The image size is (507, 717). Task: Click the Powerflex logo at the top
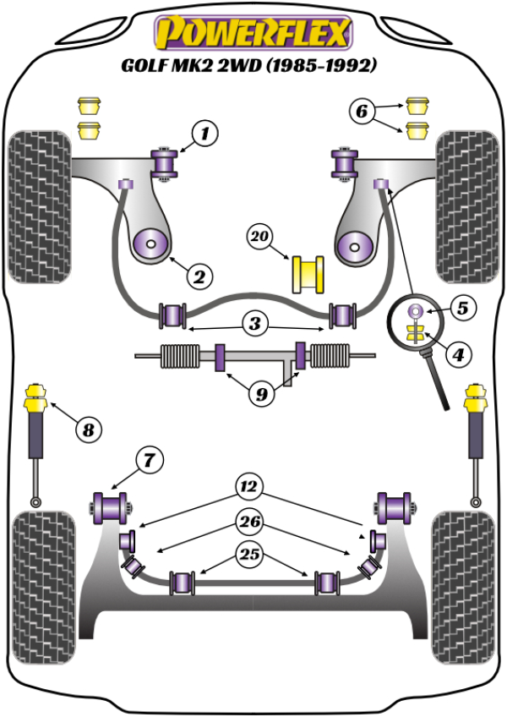tap(252, 32)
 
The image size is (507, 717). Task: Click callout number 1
tap(203, 133)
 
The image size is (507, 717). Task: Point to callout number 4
tap(456, 355)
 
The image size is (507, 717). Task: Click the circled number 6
tap(361, 110)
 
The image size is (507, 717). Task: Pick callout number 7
tap(149, 461)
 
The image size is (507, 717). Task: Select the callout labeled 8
tap(87, 430)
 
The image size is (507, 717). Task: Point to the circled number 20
tap(259, 238)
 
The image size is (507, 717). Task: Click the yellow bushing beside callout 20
tap(308, 274)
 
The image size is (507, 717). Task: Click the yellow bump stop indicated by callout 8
tap(37, 397)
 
